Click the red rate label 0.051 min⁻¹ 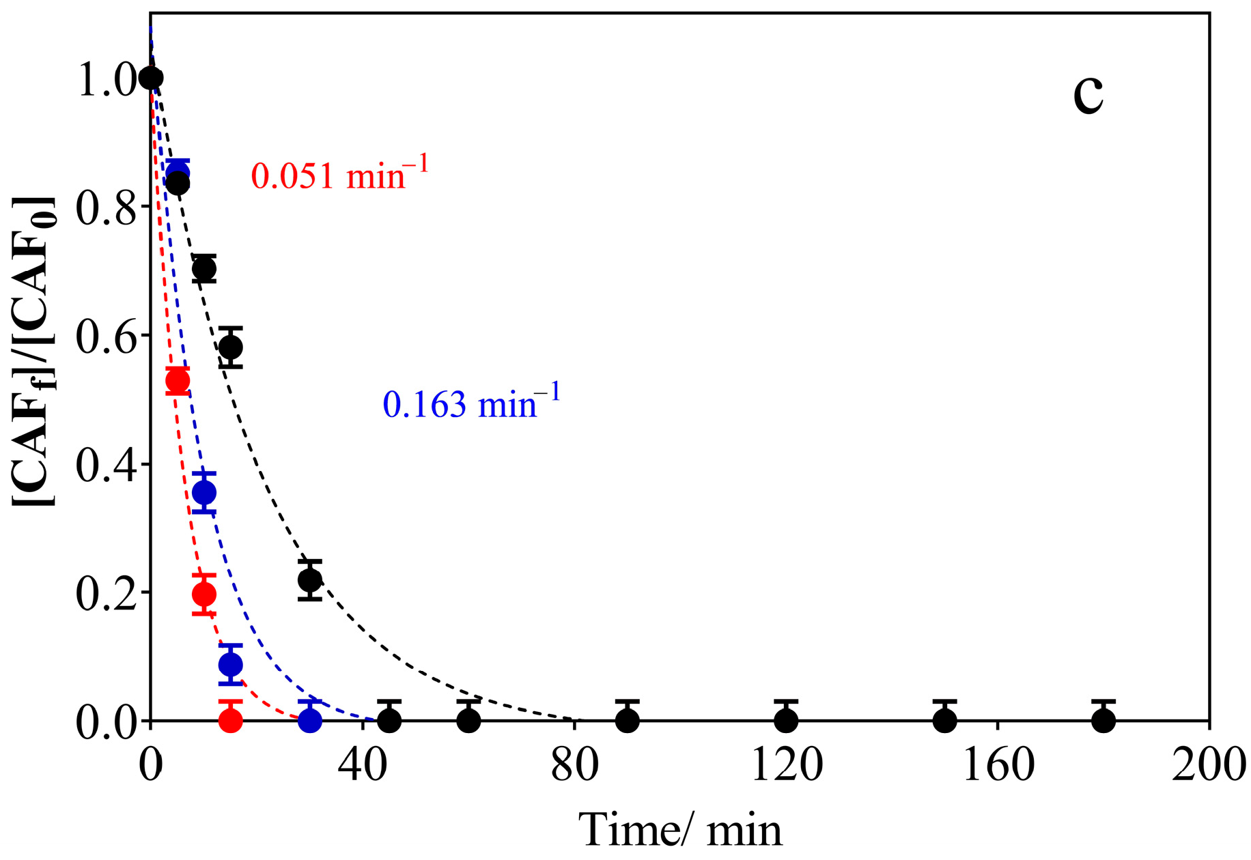click(x=339, y=175)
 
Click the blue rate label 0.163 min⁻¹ click(x=471, y=403)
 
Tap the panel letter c click(x=1088, y=97)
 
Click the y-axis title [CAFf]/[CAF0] click(x=34, y=351)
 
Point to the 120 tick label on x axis click(x=787, y=766)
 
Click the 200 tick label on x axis click(x=1209, y=766)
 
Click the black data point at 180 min click(x=1104, y=720)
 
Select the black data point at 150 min click(x=945, y=720)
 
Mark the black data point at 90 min click(x=628, y=720)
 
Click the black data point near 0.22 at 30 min click(x=310, y=580)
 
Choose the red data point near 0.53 click(x=178, y=381)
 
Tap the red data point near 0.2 click(x=204, y=594)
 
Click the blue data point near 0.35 click(x=204, y=492)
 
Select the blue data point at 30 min click(x=310, y=720)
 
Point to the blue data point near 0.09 click(x=231, y=664)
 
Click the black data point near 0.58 click(x=231, y=347)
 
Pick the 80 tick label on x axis click(x=574, y=766)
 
